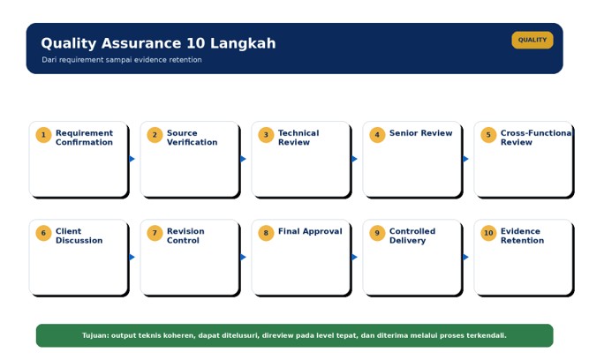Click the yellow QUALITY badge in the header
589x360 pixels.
tap(532, 40)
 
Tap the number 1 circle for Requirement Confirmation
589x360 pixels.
tap(43, 135)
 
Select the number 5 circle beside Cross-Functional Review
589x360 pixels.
tap(488, 135)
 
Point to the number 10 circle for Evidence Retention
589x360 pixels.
tap(488, 233)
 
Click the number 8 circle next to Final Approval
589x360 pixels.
tap(266, 233)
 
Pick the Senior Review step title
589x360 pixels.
tap(420, 133)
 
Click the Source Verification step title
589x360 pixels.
tap(192, 138)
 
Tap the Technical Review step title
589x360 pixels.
tap(298, 138)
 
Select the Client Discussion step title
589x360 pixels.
tap(79, 236)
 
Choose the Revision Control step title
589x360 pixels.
tap(185, 236)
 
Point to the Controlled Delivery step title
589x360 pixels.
tap(412, 236)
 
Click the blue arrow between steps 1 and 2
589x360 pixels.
tap(132, 159)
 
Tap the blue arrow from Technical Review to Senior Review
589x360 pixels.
tap(354, 159)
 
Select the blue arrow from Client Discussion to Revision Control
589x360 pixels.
tap(132, 257)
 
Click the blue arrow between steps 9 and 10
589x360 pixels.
tap(465, 257)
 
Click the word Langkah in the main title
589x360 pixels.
tap(243, 43)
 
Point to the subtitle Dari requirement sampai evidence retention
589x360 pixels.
tap(122, 60)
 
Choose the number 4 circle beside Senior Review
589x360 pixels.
tap(377, 135)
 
